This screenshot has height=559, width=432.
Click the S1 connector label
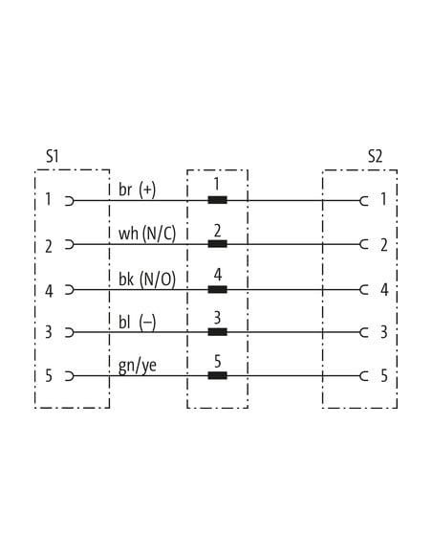click(x=52, y=156)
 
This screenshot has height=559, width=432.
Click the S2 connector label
click(x=375, y=156)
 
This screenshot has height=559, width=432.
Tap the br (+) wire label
click(x=137, y=190)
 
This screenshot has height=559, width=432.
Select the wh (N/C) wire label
click(x=147, y=234)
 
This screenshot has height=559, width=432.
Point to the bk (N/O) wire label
click(x=147, y=279)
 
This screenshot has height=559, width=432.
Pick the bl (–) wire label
click(x=137, y=323)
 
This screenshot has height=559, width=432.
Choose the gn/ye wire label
click(x=138, y=367)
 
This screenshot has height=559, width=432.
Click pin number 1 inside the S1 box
click(x=48, y=199)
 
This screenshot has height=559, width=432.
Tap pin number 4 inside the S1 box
click(x=49, y=291)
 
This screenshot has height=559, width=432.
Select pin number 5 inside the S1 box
click(x=49, y=376)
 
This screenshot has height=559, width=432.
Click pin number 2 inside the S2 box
click(x=384, y=245)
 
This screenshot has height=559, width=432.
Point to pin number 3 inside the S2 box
click(x=384, y=332)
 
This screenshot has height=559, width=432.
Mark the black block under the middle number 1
click(x=217, y=200)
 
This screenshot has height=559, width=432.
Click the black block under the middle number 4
click(x=217, y=289)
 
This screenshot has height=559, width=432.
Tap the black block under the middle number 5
click(x=217, y=375)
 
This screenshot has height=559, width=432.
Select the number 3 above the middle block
click(x=217, y=318)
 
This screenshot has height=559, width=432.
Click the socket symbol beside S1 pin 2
click(x=70, y=245)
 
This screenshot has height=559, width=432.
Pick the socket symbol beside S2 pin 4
click(x=364, y=289)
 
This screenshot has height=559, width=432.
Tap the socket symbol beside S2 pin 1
click(x=364, y=201)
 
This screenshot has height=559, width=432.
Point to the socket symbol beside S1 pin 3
click(x=70, y=332)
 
